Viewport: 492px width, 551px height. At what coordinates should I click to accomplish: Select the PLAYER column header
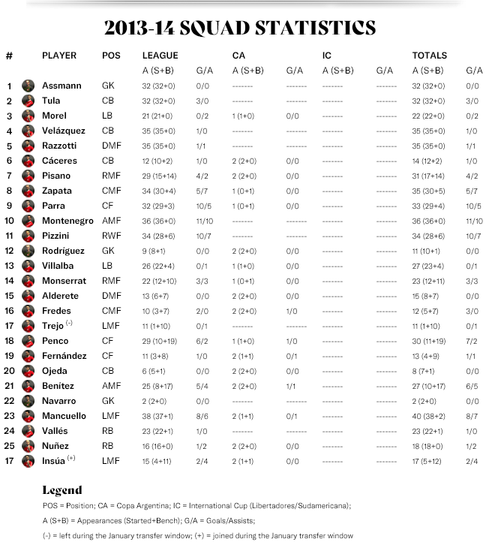pos(59,55)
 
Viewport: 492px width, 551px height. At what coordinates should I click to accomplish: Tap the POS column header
pos(111,55)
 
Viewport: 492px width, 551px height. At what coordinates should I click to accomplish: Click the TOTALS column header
pos(429,55)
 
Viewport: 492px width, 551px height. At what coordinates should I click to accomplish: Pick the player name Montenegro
pos(67,221)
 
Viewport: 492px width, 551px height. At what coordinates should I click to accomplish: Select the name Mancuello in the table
pos(66,416)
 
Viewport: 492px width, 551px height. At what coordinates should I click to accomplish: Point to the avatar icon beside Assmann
pos(28,86)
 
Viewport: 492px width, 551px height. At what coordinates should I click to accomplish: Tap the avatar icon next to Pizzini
pos(28,236)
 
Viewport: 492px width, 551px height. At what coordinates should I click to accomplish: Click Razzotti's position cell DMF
pos(110,146)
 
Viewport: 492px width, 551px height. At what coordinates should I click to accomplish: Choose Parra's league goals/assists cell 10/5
pos(203,206)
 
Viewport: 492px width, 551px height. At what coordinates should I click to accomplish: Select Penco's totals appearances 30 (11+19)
pos(433,341)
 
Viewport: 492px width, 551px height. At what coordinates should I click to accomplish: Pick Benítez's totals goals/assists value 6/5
pos(473,386)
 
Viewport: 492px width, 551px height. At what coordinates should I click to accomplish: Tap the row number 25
pos(10,446)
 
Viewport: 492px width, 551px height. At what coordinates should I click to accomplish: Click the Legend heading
pos(61,490)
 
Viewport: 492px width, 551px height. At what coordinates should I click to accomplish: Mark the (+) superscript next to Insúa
pos(71,458)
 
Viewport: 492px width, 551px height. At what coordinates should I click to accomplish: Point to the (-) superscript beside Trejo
pos(68,323)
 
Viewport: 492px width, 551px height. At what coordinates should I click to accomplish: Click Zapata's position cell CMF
pos(110,191)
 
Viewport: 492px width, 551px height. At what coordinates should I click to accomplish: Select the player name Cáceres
pos(59,161)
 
